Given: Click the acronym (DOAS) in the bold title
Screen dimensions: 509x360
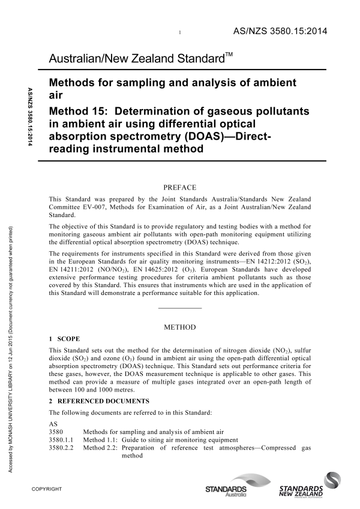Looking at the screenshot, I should [x=189, y=137].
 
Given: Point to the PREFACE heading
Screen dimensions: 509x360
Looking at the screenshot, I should [x=179, y=188].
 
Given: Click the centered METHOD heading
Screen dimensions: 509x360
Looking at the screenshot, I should [x=179, y=328].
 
